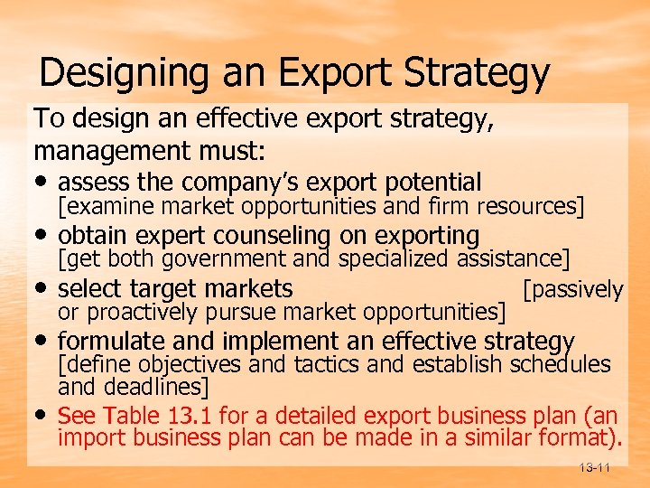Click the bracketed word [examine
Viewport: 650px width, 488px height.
95,207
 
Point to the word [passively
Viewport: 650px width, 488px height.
573,289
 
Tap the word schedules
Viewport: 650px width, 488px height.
561,365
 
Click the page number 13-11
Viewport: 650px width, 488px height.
592,467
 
